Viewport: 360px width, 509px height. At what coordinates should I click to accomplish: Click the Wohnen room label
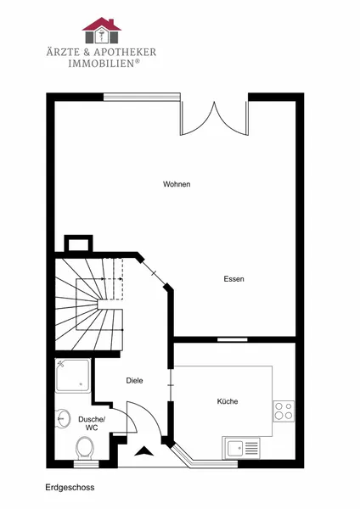[x=177, y=184]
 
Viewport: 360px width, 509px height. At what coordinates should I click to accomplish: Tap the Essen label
[x=234, y=279]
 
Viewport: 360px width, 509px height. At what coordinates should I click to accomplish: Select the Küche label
[x=228, y=401]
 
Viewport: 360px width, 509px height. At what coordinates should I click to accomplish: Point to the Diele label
[x=134, y=380]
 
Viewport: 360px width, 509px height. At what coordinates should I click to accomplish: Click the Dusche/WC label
[x=92, y=423]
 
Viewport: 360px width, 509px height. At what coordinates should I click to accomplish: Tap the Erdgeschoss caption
[x=70, y=488]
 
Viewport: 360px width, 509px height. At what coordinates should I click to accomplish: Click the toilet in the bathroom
[x=85, y=448]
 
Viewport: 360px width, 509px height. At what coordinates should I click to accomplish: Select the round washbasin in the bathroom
[x=63, y=418]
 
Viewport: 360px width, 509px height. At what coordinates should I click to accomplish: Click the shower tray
[x=73, y=376]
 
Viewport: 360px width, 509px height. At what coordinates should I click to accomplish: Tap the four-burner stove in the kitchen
[x=284, y=411]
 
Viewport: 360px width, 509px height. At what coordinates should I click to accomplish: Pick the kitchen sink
[x=241, y=448]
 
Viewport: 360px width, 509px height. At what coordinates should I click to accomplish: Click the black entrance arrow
[x=144, y=451]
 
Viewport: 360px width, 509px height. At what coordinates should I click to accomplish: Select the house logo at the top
[x=102, y=31]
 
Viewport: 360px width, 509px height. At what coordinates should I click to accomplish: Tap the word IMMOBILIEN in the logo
[x=101, y=64]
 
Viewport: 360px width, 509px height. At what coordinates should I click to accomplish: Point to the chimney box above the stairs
[x=79, y=243]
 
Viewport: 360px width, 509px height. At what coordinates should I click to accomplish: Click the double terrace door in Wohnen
[x=215, y=118]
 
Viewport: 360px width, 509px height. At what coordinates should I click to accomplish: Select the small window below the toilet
[x=86, y=464]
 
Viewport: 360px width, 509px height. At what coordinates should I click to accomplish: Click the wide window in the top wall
[x=142, y=97]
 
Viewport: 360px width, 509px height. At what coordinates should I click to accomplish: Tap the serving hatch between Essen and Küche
[x=233, y=340]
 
